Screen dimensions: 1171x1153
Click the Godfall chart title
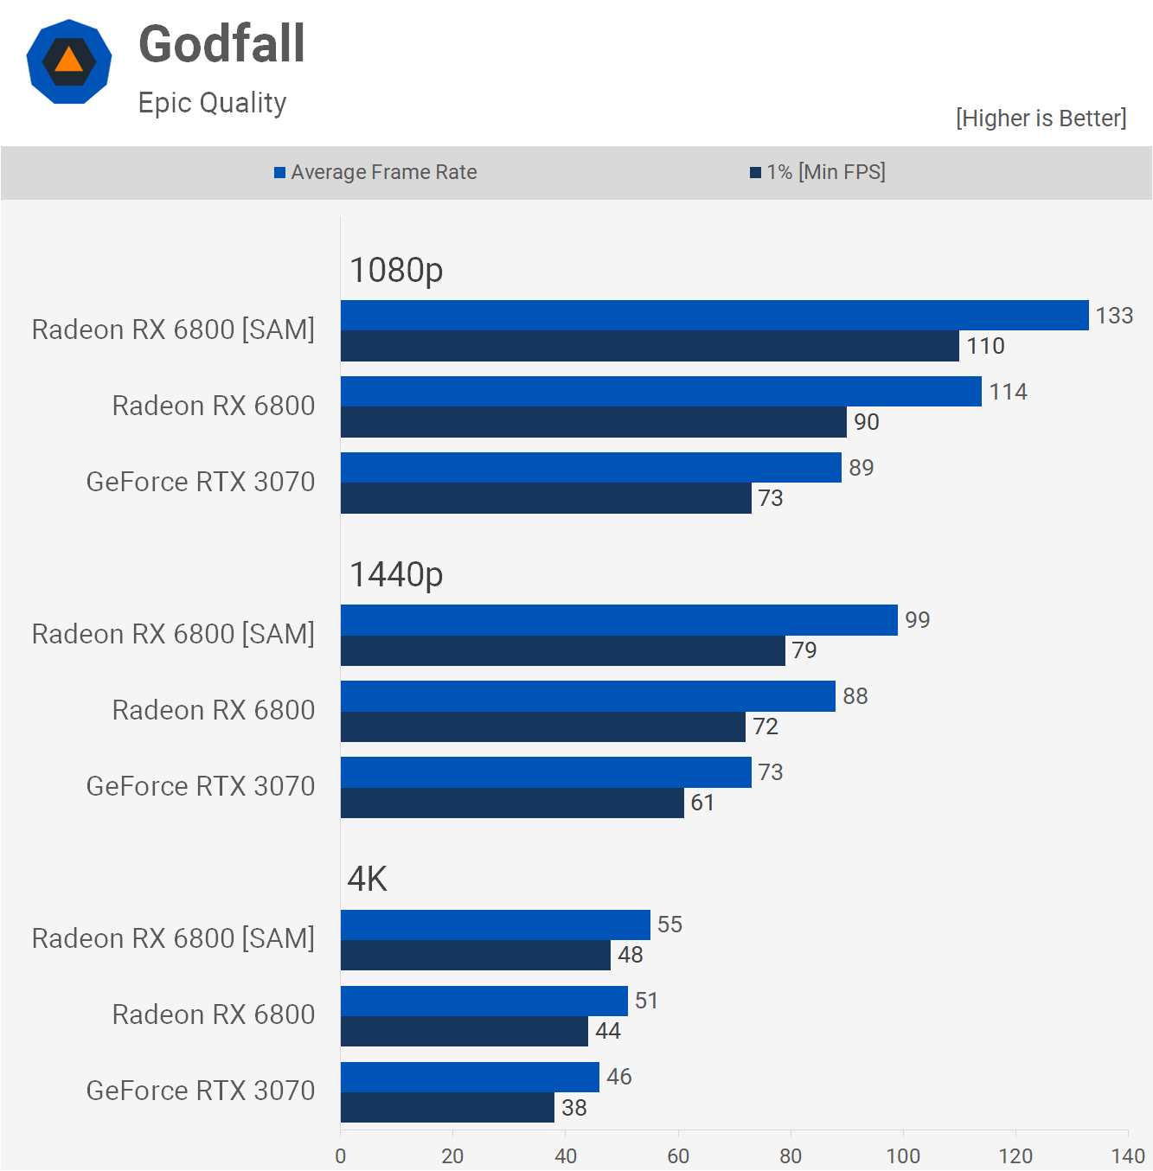tap(221, 44)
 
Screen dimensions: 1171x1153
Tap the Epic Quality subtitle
tap(212, 103)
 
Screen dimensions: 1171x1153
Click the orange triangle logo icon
tap(69, 61)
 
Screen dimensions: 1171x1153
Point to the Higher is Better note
tap(1041, 118)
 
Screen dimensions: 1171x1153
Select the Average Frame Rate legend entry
tap(375, 172)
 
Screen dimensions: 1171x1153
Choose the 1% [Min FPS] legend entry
tap(817, 172)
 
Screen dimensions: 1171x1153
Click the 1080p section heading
tap(396, 270)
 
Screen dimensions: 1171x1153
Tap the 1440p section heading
tap(396, 574)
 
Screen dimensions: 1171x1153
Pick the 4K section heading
tap(367, 879)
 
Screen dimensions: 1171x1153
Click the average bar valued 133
tap(714, 316)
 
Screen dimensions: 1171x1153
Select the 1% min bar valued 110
tap(650, 346)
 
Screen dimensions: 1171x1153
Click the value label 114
tap(1008, 392)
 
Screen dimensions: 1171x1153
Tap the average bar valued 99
tap(619, 620)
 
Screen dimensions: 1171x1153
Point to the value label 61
tap(702, 803)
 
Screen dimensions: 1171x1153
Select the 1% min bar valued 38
tap(447, 1108)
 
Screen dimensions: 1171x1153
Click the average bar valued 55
tap(495, 925)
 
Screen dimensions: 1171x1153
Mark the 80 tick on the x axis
tap(791, 1155)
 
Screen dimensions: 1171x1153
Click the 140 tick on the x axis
tap(1128, 1155)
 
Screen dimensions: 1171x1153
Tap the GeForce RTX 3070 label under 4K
tap(201, 1091)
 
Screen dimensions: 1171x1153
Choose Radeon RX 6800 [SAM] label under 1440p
tap(173, 634)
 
